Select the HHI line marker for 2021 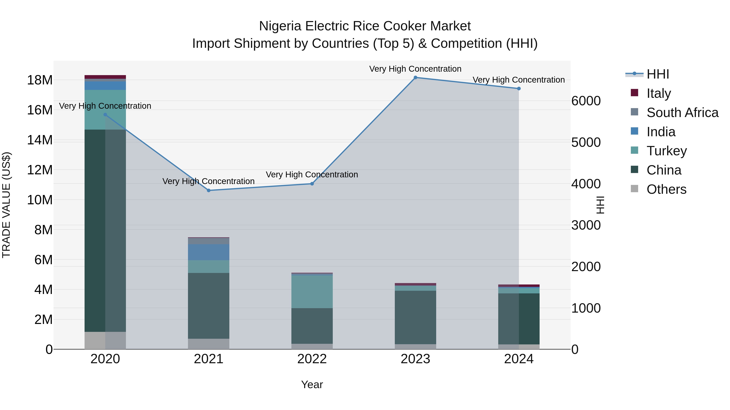(209, 191)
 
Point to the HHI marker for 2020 (105, 115)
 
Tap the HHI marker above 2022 (312, 184)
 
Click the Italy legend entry (659, 93)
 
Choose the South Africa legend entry (682, 112)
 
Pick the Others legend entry (666, 189)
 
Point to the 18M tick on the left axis (40, 80)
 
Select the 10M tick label (40, 200)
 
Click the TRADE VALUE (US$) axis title (6, 205)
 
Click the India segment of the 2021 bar (209, 252)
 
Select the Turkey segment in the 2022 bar (312, 291)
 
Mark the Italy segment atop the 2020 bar (105, 77)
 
